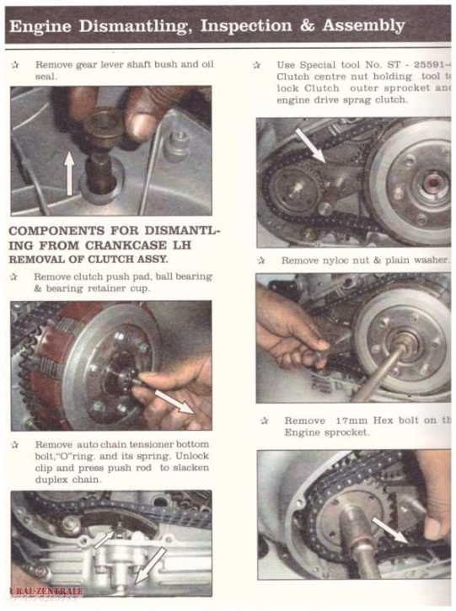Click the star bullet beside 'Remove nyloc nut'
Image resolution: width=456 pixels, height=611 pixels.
[263, 260]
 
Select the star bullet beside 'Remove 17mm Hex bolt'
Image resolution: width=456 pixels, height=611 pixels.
[265, 421]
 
